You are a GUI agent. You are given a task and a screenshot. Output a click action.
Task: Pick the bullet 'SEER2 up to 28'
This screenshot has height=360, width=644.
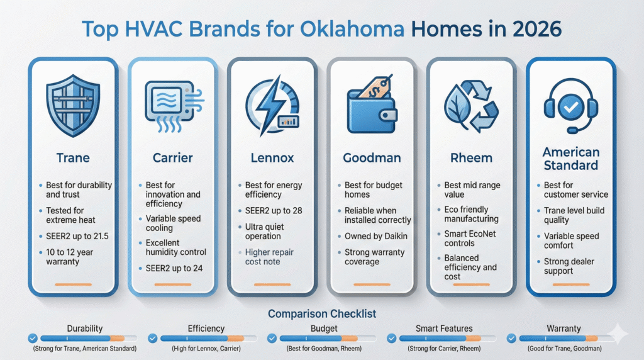pyautogui.click(x=273, y=210)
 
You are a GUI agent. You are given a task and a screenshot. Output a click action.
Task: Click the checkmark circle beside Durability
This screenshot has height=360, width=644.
pyautogui.click(x=33, y=339)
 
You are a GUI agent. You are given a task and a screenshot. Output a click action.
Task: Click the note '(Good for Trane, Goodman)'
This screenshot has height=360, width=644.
pyautogui.click(x=564, y=349)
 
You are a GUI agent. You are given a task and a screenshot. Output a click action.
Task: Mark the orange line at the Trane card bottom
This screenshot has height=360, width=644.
pyautogui.click(x=72, y=284)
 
